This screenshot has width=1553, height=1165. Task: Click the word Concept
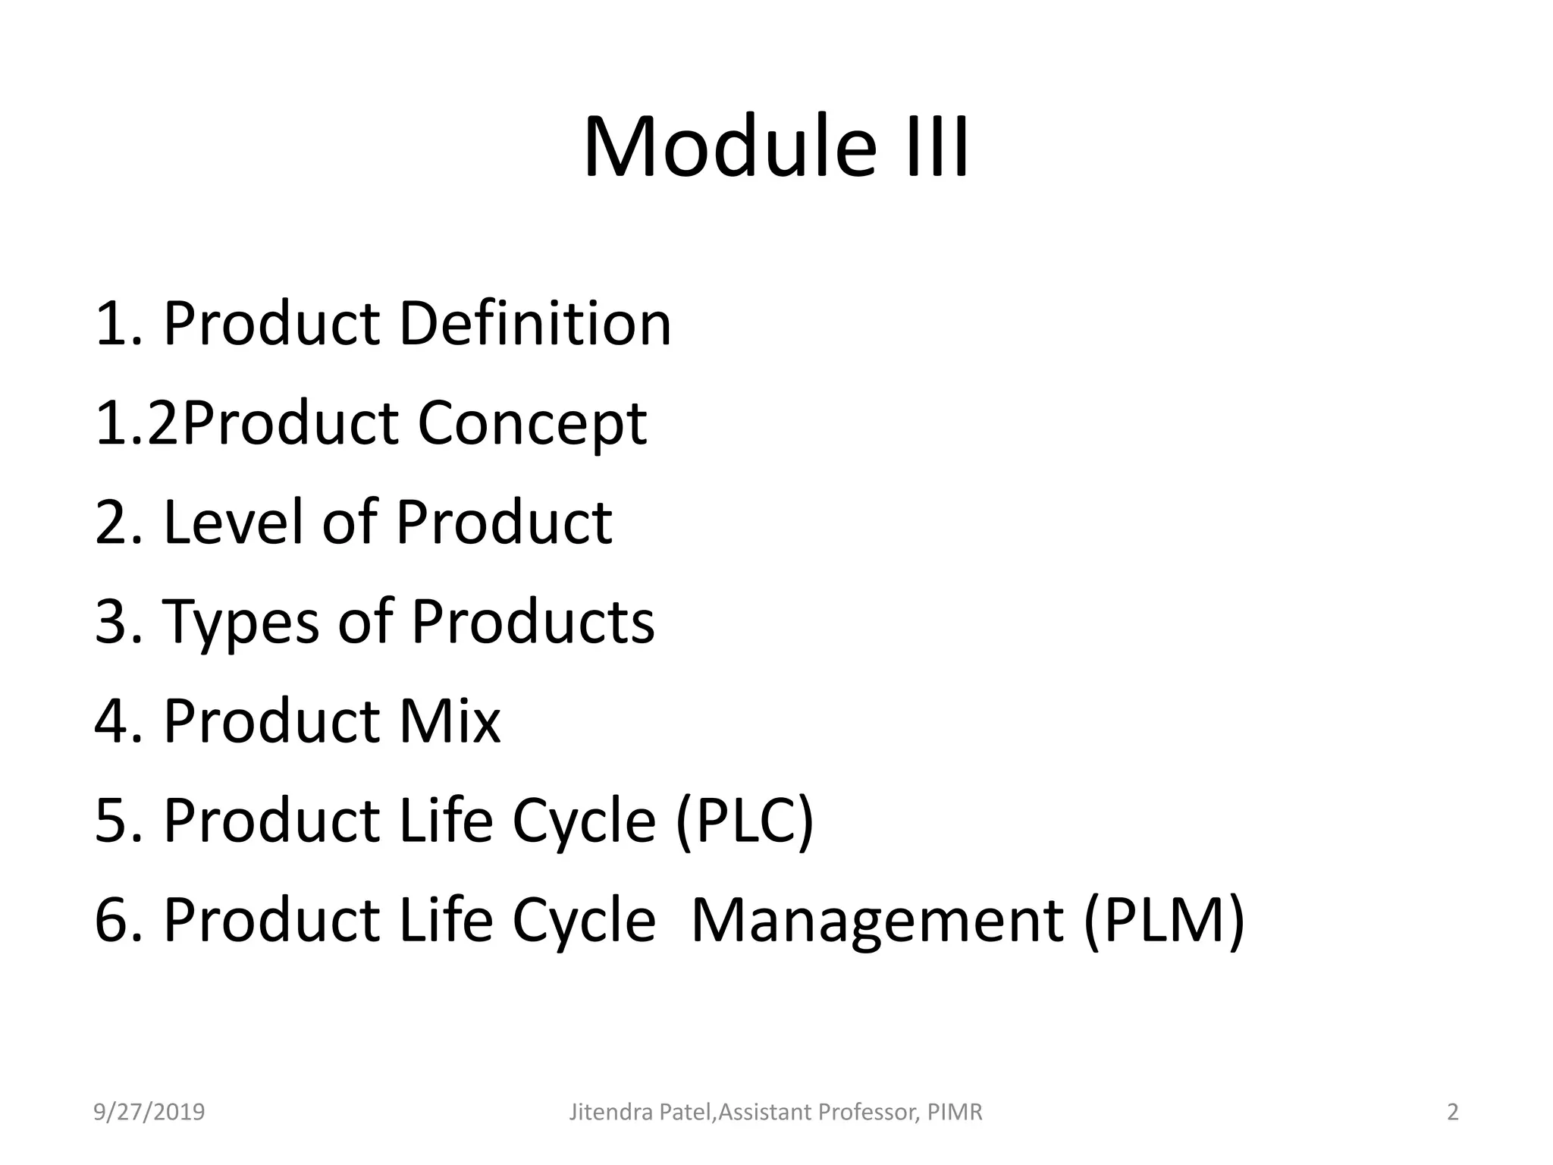click(532, 423)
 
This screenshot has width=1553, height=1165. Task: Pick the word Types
click(241, 622)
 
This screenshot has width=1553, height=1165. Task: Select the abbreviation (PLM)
click(1164, 920)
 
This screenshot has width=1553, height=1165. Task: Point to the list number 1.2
click(137, 423)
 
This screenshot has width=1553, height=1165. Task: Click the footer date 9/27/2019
click(149, 1112)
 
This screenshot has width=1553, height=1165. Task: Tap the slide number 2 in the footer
click(1452, 1112)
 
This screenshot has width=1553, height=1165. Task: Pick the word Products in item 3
click(532, 622)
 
